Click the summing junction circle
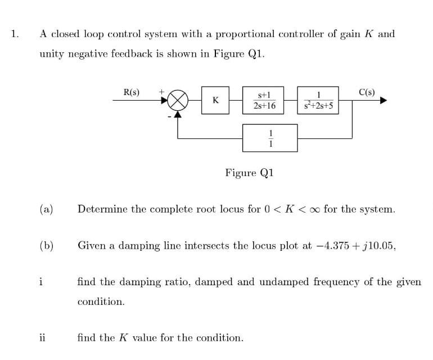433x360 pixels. click(x=178, y=101)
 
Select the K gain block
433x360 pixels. click(x=215, y=101)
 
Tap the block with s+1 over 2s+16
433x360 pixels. click(x=264, y=100)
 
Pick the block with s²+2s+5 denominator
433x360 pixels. click(x=319, y=100)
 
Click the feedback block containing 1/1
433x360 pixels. click(x=270, y=137)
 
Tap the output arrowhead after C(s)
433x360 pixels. click(x=384, y=101)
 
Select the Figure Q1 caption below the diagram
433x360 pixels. click(x=249, y=173)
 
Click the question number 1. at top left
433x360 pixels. click(x=15, y=34)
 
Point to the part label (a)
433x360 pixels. click(x=46, y=210)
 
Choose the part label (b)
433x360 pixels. click(x=46, y=245)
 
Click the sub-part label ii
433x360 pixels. click(x=43, y=337)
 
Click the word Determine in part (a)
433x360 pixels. click(x=102, y=210)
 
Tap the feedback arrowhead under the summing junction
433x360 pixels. click(x=178, y=115)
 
